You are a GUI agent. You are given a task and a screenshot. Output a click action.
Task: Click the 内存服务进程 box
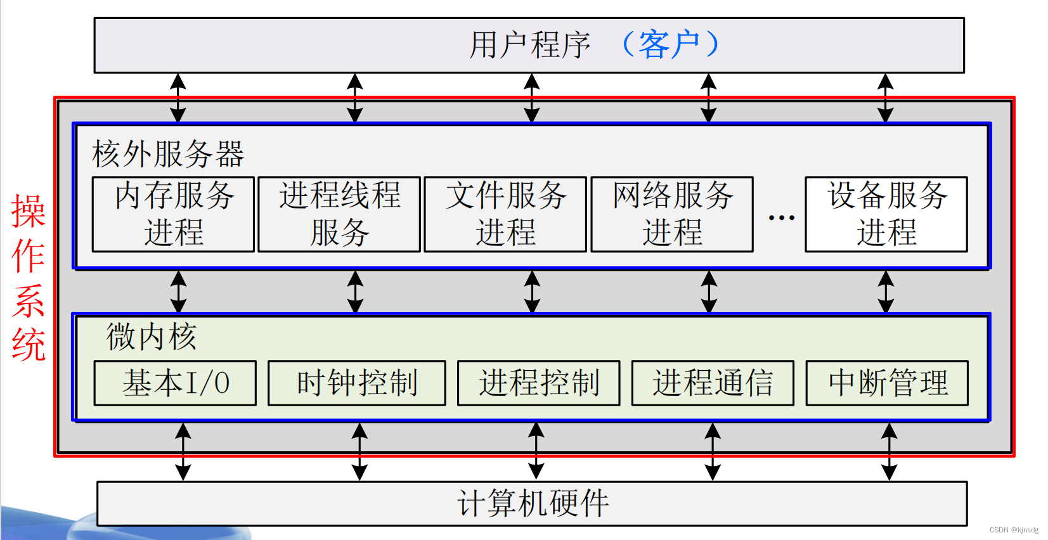click(x=173, y=214)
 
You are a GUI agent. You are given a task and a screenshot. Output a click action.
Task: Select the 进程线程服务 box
click(x=339, y=214)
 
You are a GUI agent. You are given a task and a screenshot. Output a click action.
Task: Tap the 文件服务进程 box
click(x=505, y=214)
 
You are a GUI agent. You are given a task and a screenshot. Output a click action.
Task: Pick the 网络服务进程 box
click(x=672, y=214)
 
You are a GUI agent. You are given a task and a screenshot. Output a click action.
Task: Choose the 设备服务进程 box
click(x=886, y=214)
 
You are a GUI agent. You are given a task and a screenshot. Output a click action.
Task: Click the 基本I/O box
click(x=175, y=383)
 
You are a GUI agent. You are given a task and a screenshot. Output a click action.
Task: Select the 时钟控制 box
click(x=357, y=383)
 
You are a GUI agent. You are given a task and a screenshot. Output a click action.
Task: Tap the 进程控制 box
click(x=539, y=383)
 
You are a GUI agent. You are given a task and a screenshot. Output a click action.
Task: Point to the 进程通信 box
click(x=713, y=383)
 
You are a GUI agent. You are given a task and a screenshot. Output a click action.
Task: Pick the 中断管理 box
click(x=887, y=383)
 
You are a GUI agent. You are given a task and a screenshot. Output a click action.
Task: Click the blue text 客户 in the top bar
click(x=669, y=44)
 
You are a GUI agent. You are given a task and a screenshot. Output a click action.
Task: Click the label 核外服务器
click(x=168, y=154)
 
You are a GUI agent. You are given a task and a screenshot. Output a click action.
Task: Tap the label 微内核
click(x=152, y=337)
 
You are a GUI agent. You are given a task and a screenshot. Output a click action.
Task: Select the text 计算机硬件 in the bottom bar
click(x=533, y=503)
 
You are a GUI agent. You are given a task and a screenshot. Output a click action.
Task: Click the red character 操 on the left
click(x=29, y=211)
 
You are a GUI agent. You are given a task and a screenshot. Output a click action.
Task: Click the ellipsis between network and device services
click(x=781, y=217)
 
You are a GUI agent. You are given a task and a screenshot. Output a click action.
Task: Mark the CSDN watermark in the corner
click(x=1014, y=530)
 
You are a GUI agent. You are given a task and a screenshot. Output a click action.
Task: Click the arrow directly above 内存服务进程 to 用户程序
click(x=178, y=98)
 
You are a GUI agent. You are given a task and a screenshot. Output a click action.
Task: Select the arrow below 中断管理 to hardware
click(x=889, y=451)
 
